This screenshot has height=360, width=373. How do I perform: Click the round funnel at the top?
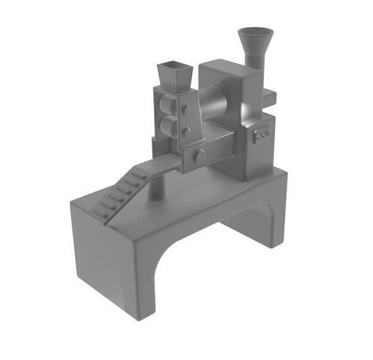pyautogui.click(x=256, y=36)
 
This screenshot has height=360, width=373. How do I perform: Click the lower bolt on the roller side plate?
pyautogui.click(x=186, y=132)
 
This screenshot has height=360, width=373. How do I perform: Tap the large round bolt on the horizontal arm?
pyautogui.click(x=199, y=156)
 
